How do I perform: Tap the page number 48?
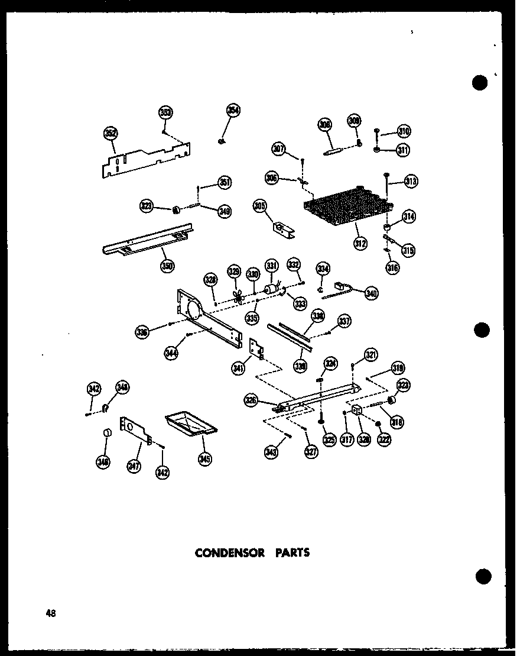point(50,613)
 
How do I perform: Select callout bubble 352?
point(110,134)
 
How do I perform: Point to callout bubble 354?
point(234,111)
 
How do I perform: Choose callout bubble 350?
point(167,266)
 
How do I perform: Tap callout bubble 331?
point(271,266)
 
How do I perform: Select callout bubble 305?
point(259,205)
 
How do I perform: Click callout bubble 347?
point(134,466)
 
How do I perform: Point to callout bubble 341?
point(239,369)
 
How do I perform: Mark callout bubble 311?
point(403,150)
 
